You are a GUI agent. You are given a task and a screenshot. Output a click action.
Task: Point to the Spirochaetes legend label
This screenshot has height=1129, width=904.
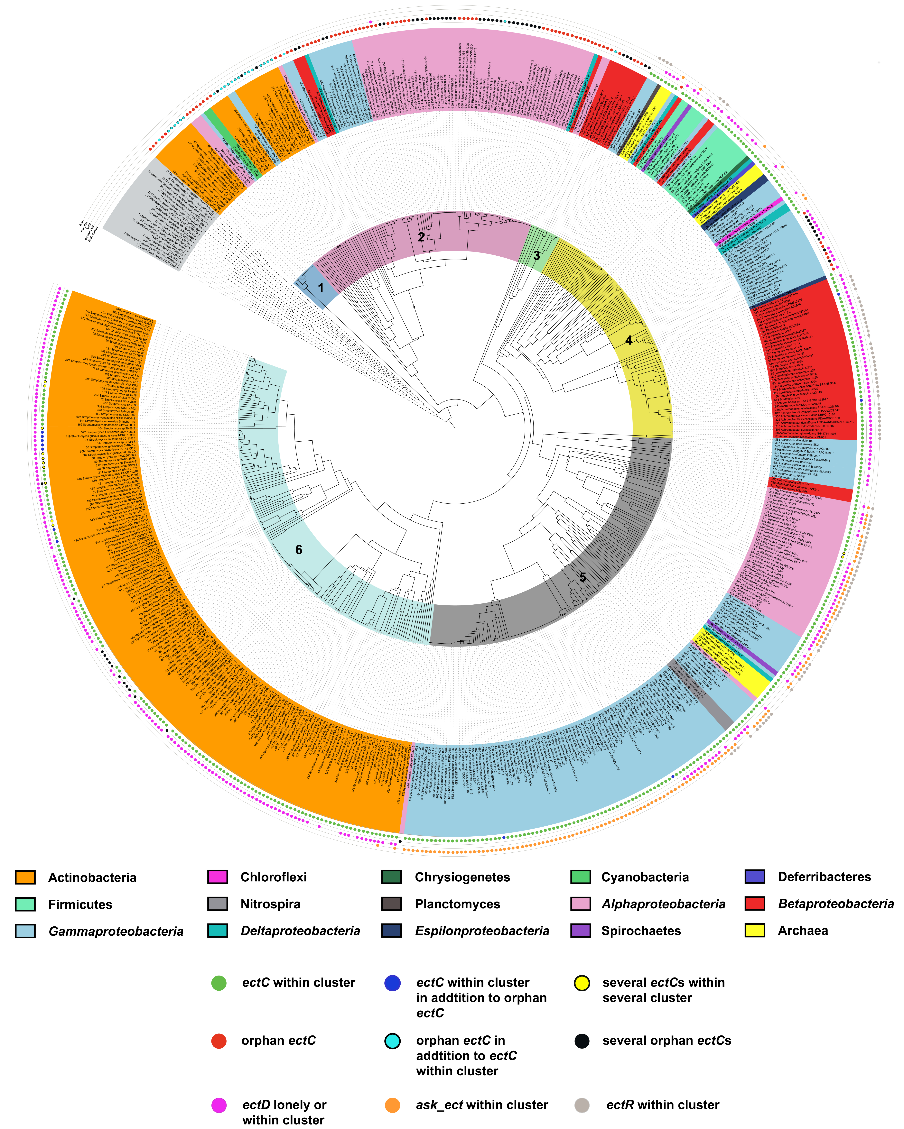point(641,931)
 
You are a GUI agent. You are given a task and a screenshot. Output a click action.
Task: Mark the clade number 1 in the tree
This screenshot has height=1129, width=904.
point(321,288)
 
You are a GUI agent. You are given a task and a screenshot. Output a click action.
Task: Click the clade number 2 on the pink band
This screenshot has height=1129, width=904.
point(421,237)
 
